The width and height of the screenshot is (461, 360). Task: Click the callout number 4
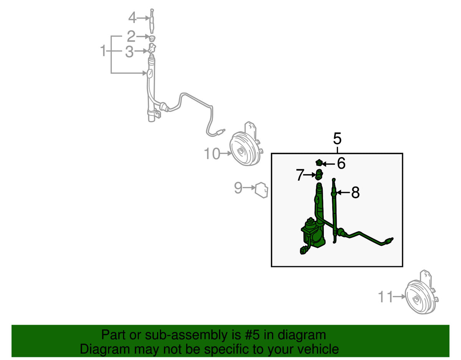[x=132, y=18]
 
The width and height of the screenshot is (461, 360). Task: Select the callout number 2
[x=131, y=36]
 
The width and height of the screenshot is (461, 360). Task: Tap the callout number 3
[x=129, y=51]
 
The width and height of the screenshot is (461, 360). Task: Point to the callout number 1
[x=103, y=51]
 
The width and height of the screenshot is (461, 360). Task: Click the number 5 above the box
[x=337, y=139]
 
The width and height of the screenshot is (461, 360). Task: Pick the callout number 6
[x=341, y=163]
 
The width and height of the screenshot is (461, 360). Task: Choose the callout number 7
[x=300, y=175]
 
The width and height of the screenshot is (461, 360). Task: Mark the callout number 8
[x=355, y=192]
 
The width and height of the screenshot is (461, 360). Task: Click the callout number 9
[x=238, y=187]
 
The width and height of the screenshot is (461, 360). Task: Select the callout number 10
[x=212, y=153]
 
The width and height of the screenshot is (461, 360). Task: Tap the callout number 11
[x=386, y=297]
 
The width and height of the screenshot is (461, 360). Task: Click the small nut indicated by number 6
[x=319, y=163]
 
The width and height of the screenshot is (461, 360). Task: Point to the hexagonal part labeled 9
[x=261, y=190]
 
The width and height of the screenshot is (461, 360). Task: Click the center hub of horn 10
[x=241, y=151]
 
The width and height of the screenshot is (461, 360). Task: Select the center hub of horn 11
[x=416, y=300]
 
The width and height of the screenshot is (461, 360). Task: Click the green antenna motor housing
[x=311, y=234]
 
